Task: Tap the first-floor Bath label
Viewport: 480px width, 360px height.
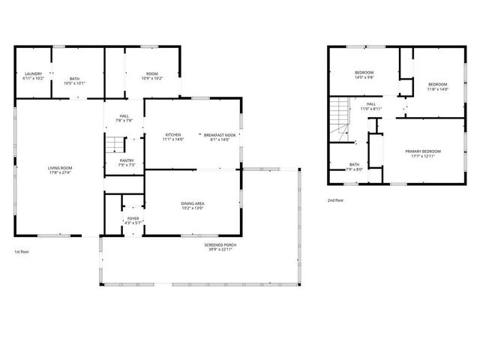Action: click(74, 80)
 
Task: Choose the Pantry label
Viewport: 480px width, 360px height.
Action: click(127, 163)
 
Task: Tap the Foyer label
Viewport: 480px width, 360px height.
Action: click(133, 220)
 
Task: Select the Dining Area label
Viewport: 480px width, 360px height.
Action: click(193, 205)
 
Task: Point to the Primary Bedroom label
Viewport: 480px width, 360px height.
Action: click(424, 154)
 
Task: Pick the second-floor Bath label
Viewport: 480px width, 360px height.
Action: click(354, 167)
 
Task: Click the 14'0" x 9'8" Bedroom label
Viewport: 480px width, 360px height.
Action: click(364, 74)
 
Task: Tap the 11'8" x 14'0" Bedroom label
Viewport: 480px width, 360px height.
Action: click(437, 86)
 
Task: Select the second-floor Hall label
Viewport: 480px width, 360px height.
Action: click(371, 106)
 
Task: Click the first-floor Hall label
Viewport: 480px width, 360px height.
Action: click(124, 118)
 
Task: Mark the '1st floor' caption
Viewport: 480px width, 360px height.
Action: click(22, 253)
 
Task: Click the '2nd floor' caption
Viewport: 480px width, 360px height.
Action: click(335, 200)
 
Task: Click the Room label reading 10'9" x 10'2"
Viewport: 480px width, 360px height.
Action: click(152, 76)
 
